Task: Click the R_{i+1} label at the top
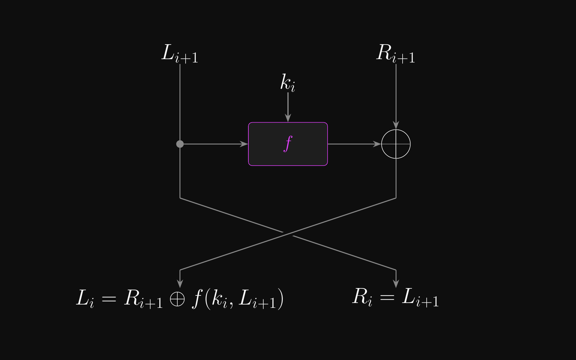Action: click(x=396, y=54)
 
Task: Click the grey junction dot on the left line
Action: click(x=180, y=144)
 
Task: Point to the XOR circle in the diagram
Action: click(x=396, y=144)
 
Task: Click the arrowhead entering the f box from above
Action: click(x=288, y=118)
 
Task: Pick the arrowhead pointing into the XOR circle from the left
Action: click(x=377, y=144)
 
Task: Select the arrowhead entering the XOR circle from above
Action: click(x=396, y=125)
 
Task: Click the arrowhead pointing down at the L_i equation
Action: click(x=180, y=283)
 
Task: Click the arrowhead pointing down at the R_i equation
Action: click(x=396, y=283)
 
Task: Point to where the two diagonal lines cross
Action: click(x=288, y=234)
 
